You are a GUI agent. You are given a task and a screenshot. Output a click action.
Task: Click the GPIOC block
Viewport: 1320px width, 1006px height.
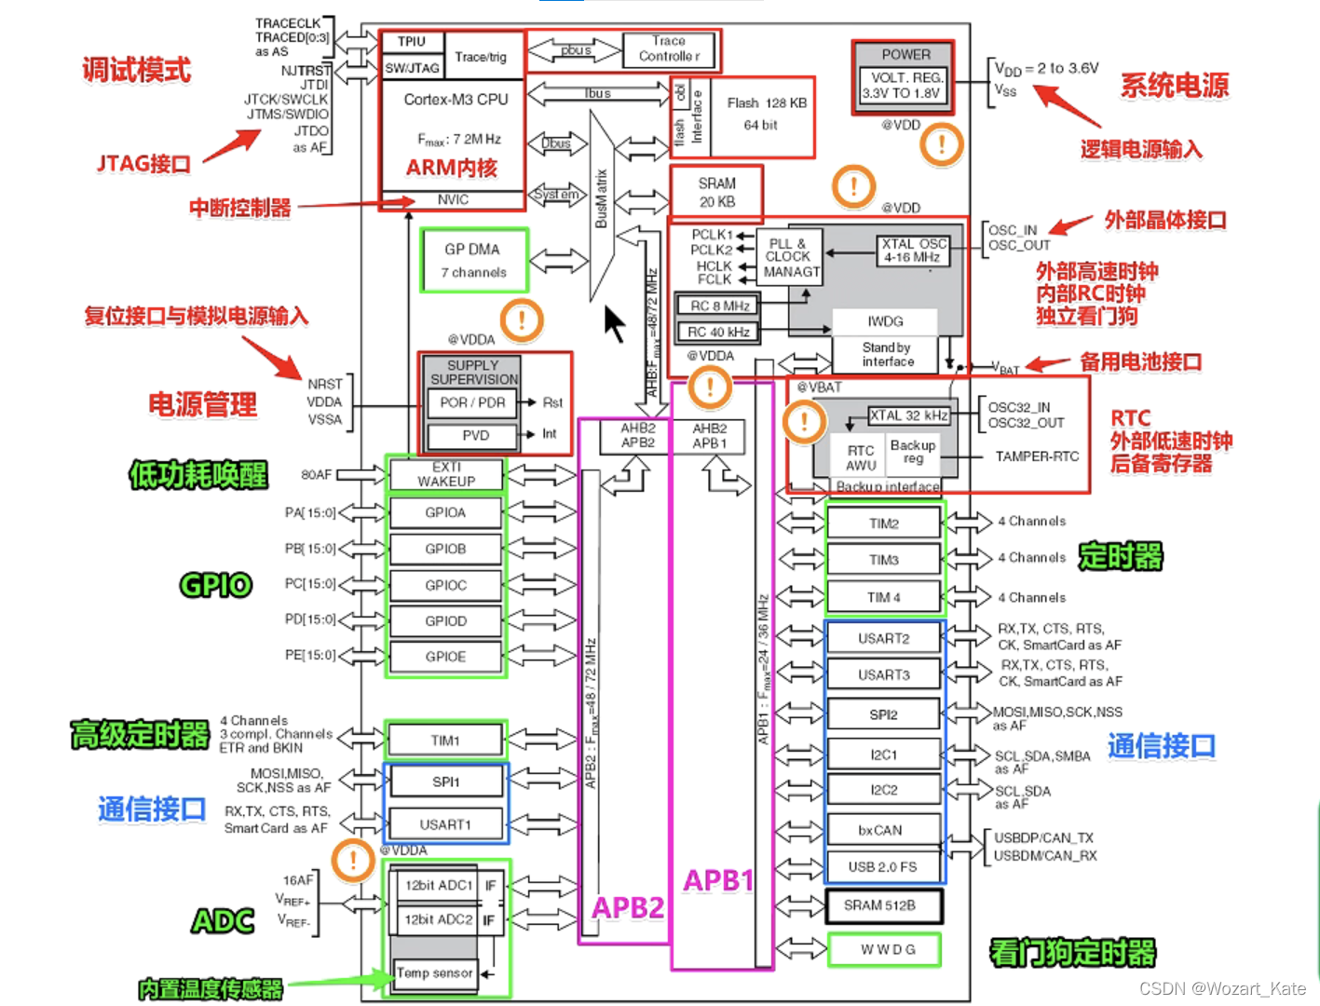[445, 585]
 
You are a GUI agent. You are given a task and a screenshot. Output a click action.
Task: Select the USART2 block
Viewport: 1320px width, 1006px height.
[883, 639]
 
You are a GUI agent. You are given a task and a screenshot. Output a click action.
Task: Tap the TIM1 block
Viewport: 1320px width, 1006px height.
[445, 741]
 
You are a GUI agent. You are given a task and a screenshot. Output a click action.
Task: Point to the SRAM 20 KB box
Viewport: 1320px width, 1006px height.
[716, 192]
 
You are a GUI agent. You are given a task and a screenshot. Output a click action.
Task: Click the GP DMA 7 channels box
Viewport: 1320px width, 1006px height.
[474, 261]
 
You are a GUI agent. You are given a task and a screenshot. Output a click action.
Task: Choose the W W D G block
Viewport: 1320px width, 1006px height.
[883, 949]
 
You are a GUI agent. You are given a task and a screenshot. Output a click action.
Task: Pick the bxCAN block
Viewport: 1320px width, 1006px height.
[880, 830]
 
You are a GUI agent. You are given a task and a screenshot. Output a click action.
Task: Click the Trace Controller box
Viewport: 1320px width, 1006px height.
[669, 49]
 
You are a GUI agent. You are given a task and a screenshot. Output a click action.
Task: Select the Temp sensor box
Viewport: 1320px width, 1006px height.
[434, 973]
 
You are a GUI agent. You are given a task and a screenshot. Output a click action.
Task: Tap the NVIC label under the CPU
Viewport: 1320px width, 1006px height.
[453, 200]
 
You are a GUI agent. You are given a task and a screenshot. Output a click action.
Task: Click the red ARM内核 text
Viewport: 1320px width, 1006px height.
[452, 168]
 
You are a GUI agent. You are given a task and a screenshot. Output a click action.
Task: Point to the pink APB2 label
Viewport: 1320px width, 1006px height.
[628, 907]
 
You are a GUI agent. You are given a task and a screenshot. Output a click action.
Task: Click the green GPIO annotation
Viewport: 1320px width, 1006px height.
[215, 585]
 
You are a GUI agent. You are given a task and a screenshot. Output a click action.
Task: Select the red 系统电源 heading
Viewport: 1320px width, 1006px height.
[1174, 86]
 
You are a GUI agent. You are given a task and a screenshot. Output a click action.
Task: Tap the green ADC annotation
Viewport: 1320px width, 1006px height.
[223, 921]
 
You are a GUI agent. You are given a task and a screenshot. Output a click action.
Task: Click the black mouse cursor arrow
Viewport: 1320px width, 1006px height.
[614, 323]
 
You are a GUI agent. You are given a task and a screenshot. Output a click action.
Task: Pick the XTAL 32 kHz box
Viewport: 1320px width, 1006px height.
[908, 415]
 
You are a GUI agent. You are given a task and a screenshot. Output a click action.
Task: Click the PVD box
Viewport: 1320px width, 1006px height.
[475, 435]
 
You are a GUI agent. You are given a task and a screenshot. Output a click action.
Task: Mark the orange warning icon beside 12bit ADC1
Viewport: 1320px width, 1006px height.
[354, 859]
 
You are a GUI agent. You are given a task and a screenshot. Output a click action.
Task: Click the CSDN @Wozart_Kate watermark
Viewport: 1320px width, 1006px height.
[1221, 988]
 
